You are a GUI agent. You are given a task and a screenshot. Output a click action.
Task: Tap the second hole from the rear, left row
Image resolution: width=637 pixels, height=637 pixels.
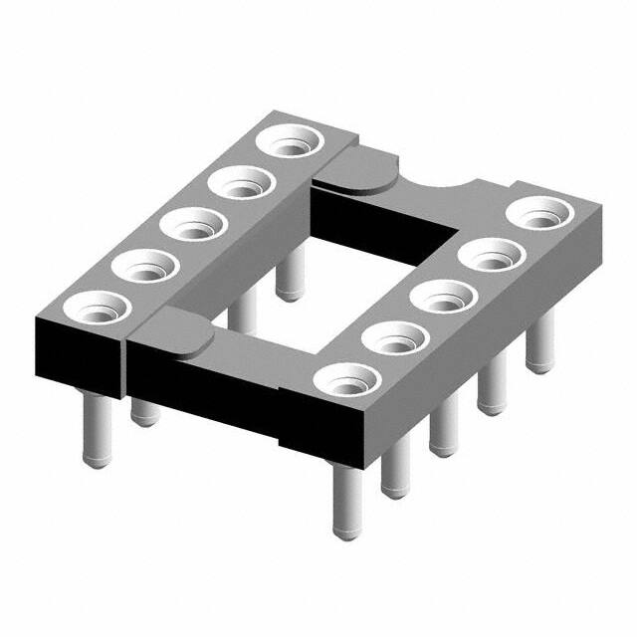coord(242,183)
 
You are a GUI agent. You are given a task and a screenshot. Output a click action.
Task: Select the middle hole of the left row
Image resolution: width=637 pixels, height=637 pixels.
coord(191,224)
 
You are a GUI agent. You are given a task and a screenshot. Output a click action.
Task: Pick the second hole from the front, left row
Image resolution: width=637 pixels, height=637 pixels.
coord(142,267)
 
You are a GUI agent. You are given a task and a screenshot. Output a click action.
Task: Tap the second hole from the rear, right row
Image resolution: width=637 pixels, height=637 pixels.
coord(491,258)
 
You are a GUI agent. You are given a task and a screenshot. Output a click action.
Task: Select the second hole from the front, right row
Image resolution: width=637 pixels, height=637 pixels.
coord(394,338)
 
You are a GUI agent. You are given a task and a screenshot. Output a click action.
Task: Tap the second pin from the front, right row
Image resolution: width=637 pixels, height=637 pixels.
coord(395,468)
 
